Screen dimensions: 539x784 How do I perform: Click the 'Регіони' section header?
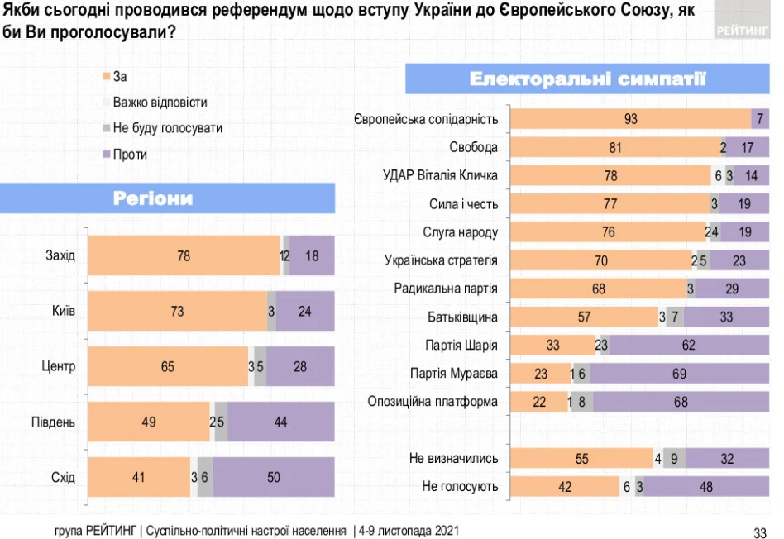152,198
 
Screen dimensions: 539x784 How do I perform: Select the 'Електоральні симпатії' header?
587,79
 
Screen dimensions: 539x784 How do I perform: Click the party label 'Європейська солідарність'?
426,119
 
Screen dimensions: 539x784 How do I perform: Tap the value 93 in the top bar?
631,119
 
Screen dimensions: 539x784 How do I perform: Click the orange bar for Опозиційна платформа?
538,403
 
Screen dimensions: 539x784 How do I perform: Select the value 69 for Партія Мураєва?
679,374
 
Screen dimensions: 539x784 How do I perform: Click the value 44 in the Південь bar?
280,422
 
